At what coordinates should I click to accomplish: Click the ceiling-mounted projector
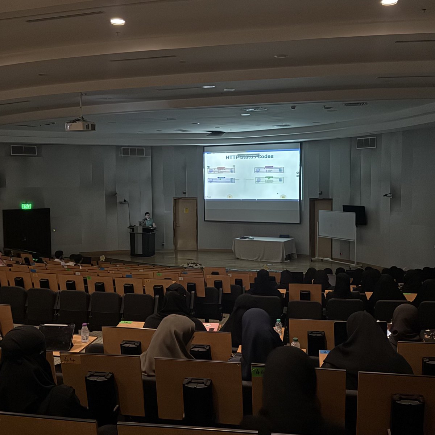tap(80, 126)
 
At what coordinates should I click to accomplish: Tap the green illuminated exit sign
tap(26, 206)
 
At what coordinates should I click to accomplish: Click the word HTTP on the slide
tap(233, 157)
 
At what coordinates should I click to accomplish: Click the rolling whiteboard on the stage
tap(337, 225)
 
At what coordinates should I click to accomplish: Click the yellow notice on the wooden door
tap(186, 210)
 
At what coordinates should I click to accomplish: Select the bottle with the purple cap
tap(85, 333)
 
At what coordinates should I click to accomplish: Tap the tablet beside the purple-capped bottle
tap(57, 336)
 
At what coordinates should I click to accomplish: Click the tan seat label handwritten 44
tap(70, 359)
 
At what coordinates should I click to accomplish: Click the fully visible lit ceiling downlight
tap(117, 22)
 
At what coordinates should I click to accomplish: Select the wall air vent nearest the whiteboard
tap(366, 142)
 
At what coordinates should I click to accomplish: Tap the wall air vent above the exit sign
tap(24, 150)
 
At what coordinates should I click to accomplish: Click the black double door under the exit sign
tap(27, 231)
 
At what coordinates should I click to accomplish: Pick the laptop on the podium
tap(142, 224)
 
